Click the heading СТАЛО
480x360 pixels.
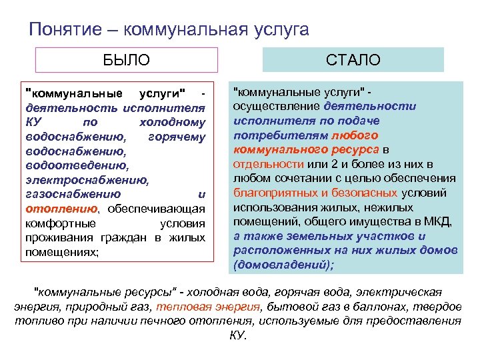tap(353, 60)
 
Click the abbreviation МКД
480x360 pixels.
tap(439, 222)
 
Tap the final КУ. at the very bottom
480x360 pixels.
tap(238, 335)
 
